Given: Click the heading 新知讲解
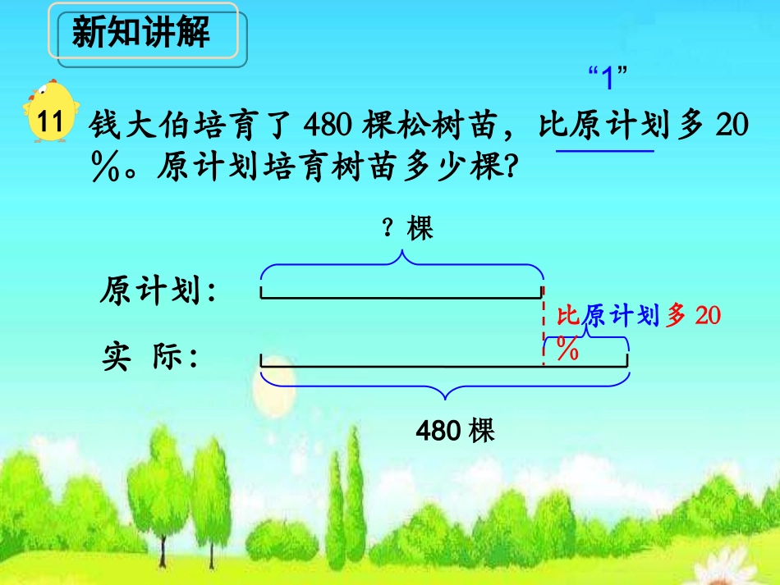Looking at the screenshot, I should tap(141, 34).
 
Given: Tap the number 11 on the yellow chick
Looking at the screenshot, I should tap(50, 122).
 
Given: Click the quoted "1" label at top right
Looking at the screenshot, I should tap(608, 80).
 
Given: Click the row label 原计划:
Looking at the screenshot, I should tap(159, 290).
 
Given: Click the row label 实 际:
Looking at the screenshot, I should tap(151, 358).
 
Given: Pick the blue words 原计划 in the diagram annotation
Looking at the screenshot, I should tap(621, 316).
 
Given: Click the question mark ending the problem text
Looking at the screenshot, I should tap(509, 170).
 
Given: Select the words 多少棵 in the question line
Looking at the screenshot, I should tap(451, 170).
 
